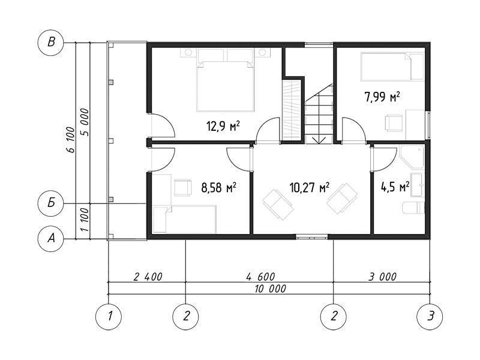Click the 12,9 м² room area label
223,126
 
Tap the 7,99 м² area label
382,97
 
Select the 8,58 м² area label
218,187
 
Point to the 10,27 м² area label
310,187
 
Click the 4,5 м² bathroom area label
395,187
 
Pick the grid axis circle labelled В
51,42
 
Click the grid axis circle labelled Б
51,203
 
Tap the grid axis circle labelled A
51,238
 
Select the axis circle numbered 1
109,317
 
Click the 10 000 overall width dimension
271,289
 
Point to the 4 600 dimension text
260,277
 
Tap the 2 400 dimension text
148,277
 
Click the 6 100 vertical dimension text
70,140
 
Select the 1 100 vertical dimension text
85,220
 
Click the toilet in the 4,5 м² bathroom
413,208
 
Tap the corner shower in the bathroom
412,157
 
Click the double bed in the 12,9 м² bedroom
226,80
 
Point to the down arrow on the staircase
319,140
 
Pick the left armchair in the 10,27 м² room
278,205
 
